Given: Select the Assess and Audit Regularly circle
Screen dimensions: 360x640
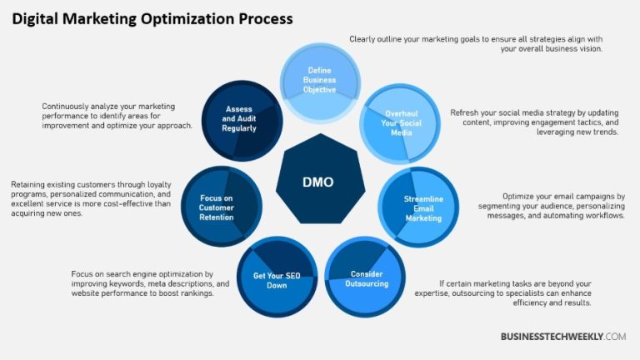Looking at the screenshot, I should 239,119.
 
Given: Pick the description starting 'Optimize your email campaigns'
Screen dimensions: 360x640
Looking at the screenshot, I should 551,206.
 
